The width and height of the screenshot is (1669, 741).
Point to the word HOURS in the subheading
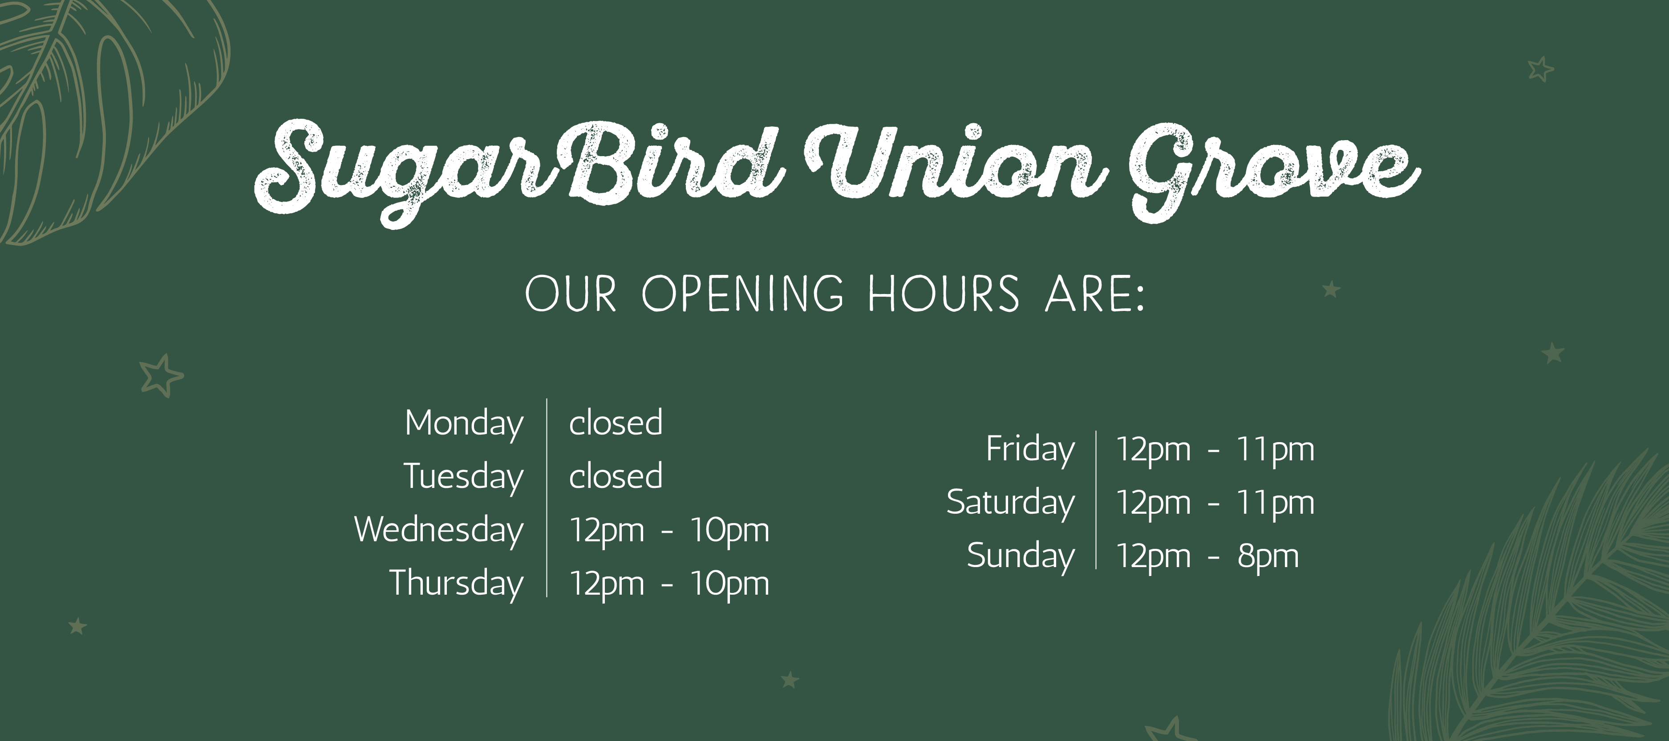point(944,294)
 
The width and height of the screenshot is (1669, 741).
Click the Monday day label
point(464,425)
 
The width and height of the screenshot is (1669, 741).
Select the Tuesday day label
point(463,478)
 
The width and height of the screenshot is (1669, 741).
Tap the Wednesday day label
point(439,531)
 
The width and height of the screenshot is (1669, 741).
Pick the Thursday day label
point(456,584)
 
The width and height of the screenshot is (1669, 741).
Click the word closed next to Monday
point(616,423)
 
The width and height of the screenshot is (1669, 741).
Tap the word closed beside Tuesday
point(616,475)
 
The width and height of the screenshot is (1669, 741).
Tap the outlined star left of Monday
point(161,376)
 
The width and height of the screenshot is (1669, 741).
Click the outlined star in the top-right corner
point(1541,68)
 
